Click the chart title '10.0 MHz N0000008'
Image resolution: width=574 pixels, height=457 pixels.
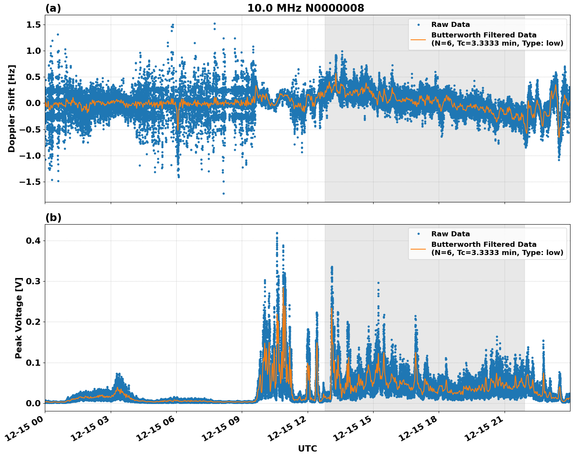pyautogui.click(x=306, y=8)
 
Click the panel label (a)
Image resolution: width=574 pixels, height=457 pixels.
pyautogui.click(x=53, y=8)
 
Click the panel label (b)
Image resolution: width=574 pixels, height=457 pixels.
pyautogui.click(x=53, y=218)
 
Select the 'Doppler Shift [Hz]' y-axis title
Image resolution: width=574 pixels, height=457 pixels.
pyautogui.click(x=12, y=108)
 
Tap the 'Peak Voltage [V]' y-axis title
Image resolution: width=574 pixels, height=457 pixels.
pyautogui.click(x=18, y=318)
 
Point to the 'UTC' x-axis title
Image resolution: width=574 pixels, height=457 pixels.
pyautogui.click(x=307, y=448)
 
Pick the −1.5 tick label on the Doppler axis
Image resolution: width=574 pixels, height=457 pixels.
pyautogui.click(x=30, y=182)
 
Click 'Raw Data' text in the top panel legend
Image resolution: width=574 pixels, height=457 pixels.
pyautogui.click(x=450, y=25)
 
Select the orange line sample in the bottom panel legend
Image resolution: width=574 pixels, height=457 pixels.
pyautogui.click(x=418, y=248)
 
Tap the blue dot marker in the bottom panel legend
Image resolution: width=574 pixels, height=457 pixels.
pyautogui.click(x=418, y=234)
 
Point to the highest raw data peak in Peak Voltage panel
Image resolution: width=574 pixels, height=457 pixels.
pyautogui.click(x=277, y=233)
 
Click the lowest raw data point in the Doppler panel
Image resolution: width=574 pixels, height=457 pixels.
pyautogui.click(x=223, y=193)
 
